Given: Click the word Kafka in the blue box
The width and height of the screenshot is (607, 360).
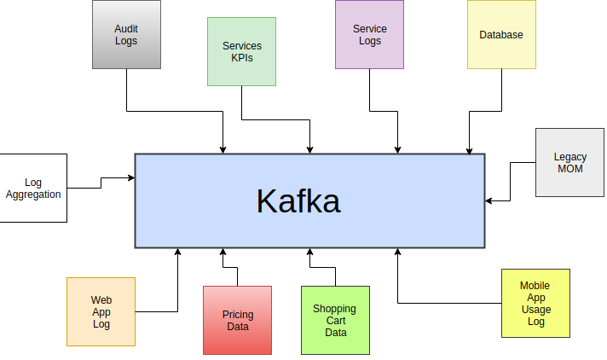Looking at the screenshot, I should click(x=298, y=201).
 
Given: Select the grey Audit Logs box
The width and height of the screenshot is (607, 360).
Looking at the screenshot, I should click(x=126, y=34).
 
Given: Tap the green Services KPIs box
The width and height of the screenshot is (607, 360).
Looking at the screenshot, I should click(x=241, y=51).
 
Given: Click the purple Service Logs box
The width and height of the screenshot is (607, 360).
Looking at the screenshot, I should click(x=369, y=34).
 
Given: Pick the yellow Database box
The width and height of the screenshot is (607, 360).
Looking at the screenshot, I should click(x=501, y=34).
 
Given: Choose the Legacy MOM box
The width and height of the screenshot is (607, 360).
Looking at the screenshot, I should click(x=569, y=162).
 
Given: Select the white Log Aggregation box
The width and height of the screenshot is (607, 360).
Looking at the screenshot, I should click(x=33, y=188).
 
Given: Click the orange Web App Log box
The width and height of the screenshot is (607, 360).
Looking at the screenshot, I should click(x=101, y=311).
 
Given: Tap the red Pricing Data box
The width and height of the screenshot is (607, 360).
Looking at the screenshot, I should click(x=237, y=320).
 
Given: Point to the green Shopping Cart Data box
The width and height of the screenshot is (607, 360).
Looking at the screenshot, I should click(x=335, y=320).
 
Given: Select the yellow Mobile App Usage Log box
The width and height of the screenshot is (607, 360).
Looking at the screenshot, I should click(x=535, y=303).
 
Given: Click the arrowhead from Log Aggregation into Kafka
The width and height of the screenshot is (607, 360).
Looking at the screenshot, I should click(x=131, y=177).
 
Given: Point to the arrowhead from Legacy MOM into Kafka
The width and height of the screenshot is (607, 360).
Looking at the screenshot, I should click(x=489, y=201).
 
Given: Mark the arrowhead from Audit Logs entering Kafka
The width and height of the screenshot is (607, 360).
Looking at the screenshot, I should click(x=223, y=149).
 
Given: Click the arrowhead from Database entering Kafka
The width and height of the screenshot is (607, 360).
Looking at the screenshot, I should click(x=468, y=149).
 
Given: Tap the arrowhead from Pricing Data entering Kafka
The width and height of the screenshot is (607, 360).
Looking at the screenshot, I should click(x=223, y=253).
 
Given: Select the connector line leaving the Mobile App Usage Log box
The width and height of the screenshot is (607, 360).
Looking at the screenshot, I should click(x=452, y=303).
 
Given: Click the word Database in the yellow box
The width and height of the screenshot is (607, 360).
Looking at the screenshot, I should click(x=501, y=35).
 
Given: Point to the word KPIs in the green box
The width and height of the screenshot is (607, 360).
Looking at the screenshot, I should click(x=241, y=58).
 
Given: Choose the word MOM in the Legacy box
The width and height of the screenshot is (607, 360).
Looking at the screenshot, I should click(x=569, y=169).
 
